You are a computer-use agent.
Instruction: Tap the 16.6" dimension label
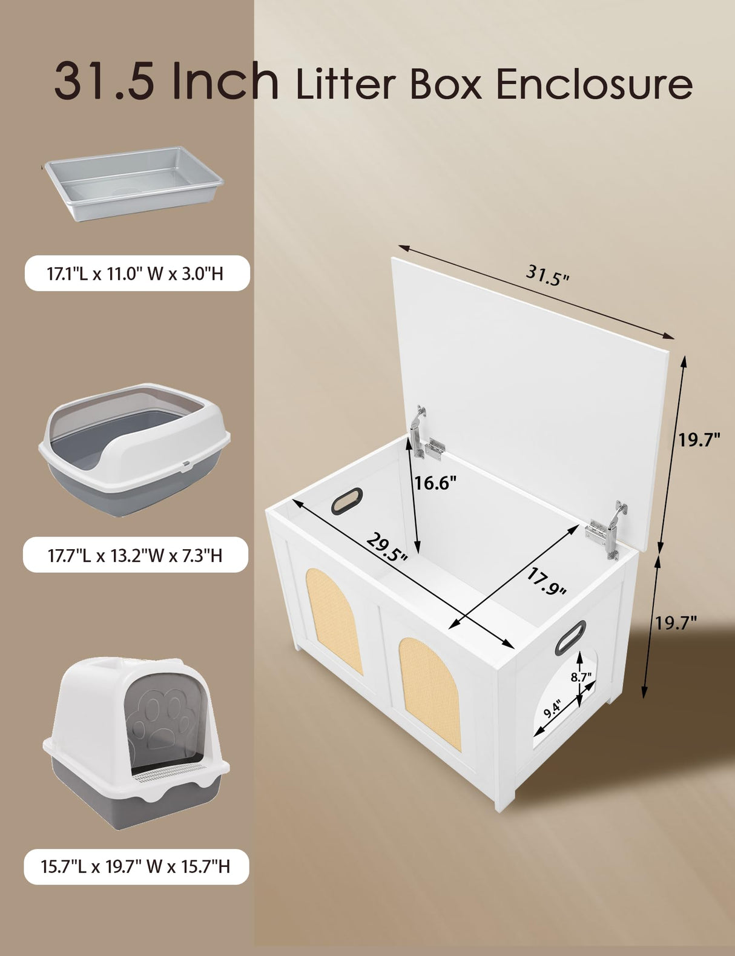pos(435,483)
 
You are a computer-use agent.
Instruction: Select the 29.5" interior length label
pos(386,547)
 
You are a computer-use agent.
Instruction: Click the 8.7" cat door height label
pos(581,677)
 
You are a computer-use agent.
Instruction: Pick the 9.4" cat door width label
pos(552,708)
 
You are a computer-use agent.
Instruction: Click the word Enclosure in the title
pos(594,84)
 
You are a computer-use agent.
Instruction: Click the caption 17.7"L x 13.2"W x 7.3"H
pos(136,555)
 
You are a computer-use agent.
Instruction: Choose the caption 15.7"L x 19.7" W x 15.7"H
pos(136,866)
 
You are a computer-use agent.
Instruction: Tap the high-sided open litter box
pos(134,448)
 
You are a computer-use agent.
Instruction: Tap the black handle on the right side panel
pos(570,638)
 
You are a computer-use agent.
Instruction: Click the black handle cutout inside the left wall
pos(347,501)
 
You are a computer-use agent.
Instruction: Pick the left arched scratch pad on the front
pos(334,621)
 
